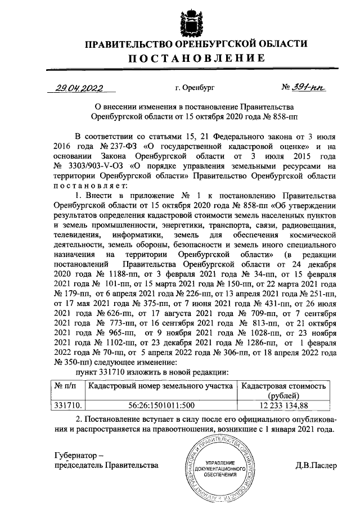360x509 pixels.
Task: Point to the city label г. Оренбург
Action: tap(195, 88)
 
